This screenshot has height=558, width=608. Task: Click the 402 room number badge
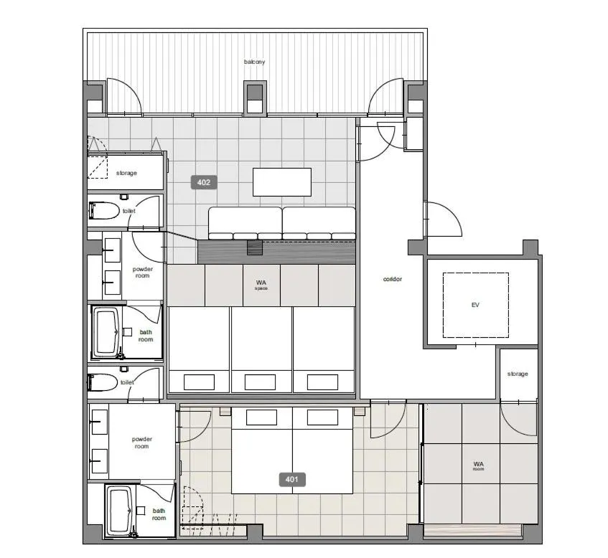click(x=204, y=182)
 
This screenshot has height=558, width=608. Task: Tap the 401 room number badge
click(x=292, y=480)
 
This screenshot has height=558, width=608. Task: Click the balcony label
click(x=254, y=62)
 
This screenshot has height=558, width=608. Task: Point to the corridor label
click(x=393, y=279)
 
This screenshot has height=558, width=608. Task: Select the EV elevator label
click(x=475, y=305)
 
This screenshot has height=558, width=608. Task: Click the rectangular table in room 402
click(x=282, y=182)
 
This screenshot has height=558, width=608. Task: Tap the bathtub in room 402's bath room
click(x=106, y=332)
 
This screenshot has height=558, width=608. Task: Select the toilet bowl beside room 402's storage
click(x=104, y=210)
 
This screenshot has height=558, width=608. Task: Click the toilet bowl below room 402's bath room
click(x=103, y=382)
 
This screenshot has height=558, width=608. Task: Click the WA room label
click(x=479, y=465)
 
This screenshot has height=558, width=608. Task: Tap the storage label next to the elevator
click(x=518, y=374)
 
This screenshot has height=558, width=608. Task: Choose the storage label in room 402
click(x=126, y=174)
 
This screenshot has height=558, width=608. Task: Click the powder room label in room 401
click(x=142, y=443)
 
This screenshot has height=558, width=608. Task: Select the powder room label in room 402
click(x=142, y=272)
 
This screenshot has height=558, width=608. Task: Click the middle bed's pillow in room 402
click(x=260, y=382)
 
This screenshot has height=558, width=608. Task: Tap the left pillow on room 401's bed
click(x=261, y=417)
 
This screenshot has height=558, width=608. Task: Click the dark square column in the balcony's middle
click(x=255, y=93)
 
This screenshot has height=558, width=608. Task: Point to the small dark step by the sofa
click(x=255, y=247)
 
